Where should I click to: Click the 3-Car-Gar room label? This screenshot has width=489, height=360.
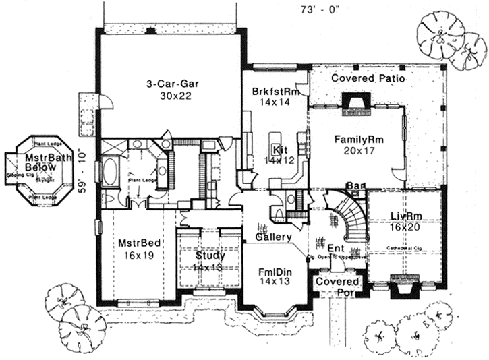(175, 84)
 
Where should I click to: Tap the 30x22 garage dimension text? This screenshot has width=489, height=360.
(174, 96)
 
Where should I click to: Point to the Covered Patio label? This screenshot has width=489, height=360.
(368, 78)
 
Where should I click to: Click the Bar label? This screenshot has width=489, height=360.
(353, 185)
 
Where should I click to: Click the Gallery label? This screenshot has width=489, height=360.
(273, 237)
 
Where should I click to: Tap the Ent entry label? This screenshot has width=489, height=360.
(335, 247)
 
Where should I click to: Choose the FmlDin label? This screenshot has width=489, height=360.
(275, 271)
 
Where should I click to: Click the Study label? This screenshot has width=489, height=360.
(210, 256)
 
